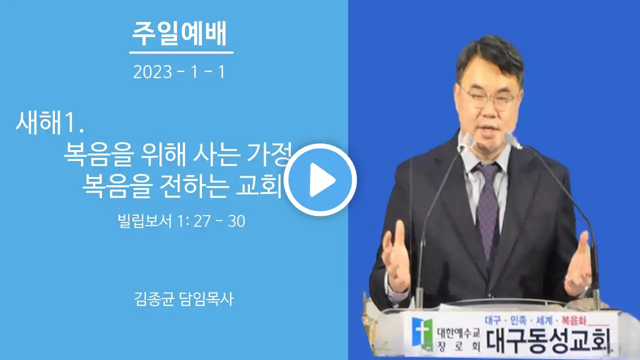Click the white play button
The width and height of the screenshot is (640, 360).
[x=320, y=179]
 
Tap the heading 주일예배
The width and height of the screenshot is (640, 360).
[x=179, y=33]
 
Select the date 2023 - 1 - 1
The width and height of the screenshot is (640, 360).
[x=179, y=71]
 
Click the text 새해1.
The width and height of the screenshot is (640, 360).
[x=49, y=123]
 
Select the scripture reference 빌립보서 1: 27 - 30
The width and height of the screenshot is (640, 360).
[x=181, y=221]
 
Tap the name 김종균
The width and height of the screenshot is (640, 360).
[x=154, y=299]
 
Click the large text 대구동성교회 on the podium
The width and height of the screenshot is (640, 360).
[x=547, y=340]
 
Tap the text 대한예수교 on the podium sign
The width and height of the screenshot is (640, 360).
[x=458, y=333]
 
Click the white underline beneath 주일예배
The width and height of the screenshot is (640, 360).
[x=181, y=52]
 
